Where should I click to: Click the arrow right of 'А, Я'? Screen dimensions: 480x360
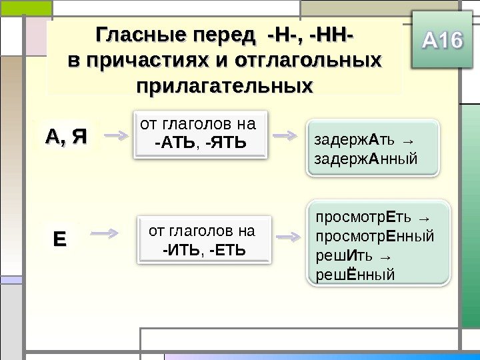point(118,135)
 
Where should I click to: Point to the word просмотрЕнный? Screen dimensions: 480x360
point(374,236)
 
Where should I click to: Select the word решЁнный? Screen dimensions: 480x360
point(355,274)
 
